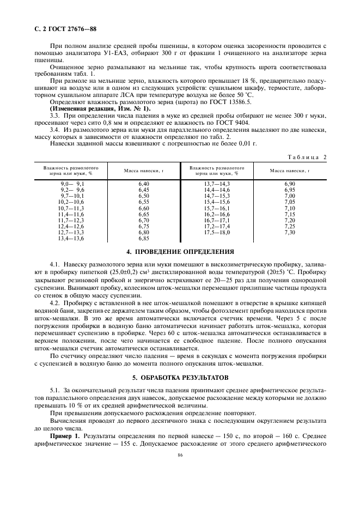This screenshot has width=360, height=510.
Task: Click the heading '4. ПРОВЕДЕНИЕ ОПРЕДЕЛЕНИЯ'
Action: click(180, 252)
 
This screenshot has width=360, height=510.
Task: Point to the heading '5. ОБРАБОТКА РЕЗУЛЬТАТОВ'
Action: click(180, 362)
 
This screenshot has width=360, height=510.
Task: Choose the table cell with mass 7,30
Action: click(289, 233)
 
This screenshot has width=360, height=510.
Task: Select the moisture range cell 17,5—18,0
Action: click(217, 233)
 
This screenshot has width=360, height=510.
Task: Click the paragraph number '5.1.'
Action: click(54, 375)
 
